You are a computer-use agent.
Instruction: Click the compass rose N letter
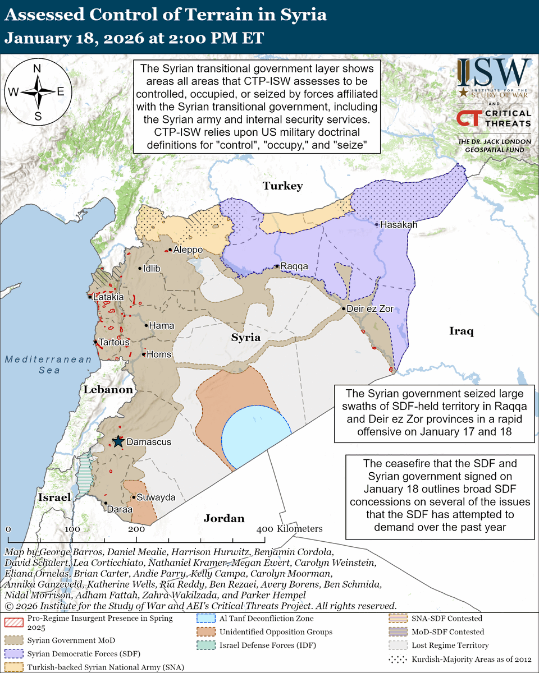click(x=37, y=68)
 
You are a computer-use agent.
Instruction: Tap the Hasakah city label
click(x=399, y=224)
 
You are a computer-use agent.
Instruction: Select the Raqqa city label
click(x=294, y=268)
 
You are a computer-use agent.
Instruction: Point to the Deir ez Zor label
click(x=371, y=309)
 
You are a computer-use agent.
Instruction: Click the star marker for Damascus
click(x=118, y=442)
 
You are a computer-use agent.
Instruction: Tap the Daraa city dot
click(x=106, y=504)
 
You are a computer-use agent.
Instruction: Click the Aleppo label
click(x=188, y=250)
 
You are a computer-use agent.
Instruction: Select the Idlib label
click(x=152, y=269)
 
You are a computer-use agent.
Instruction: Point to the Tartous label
click(x=114, y=342)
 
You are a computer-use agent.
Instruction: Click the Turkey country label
click(x=284, y=186)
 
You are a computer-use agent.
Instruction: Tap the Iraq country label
click(x=462, y=331)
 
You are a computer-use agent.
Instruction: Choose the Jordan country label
click(x=224, y=518)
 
